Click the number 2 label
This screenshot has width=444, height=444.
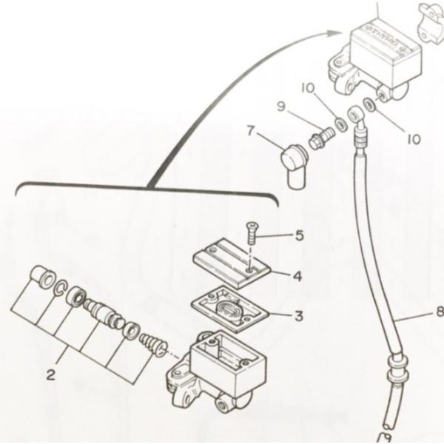click(50, 375)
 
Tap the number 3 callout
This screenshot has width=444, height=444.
click(298, 316)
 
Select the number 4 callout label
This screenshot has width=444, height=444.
click(296, 276)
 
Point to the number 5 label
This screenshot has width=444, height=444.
click(299, 236)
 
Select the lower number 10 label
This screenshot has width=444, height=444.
click(413, 138)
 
